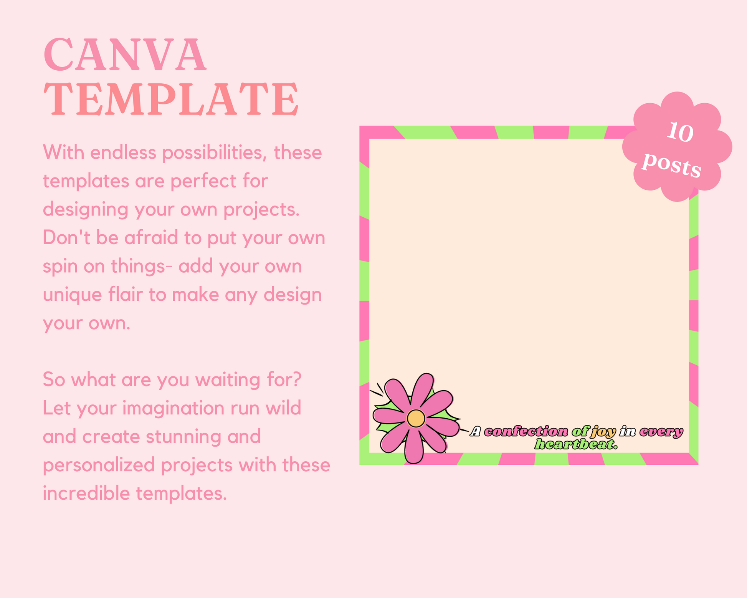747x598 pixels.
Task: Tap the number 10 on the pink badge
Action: click(680, 133)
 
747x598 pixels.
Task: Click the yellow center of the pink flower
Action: click(416, 418)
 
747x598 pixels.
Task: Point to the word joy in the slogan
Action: click(603, 431)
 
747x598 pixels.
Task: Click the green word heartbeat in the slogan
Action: click(576, 444)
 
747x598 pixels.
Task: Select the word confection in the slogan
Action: click(526, 431)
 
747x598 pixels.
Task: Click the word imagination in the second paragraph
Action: click(174, 408)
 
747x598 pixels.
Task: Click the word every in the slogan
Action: click(661, 432)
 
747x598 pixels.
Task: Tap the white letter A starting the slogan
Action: click(476, 431)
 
